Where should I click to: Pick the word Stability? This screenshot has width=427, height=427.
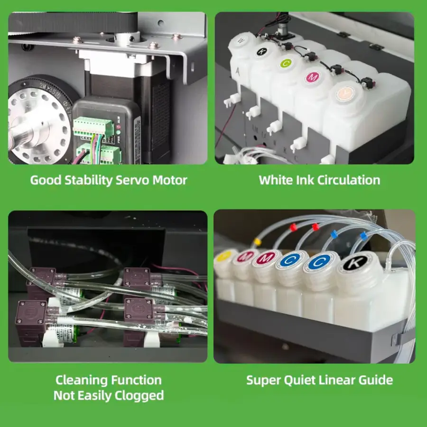(x=89, y=180)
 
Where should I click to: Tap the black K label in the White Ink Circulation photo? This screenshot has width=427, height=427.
(x=262, y=51)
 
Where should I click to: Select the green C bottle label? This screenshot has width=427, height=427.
(x=286, y=64)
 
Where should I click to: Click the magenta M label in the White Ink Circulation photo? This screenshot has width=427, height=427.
(x=312, y=77)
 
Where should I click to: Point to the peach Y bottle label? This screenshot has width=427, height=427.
(x=345, y=93)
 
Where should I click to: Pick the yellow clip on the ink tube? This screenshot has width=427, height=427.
(x=257, y=241)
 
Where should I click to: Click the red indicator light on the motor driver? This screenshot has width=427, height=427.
(x=118, y=127)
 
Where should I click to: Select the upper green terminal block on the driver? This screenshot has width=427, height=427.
(x=93, y=127)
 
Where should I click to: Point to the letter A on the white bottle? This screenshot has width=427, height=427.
(x=238, y=72)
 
